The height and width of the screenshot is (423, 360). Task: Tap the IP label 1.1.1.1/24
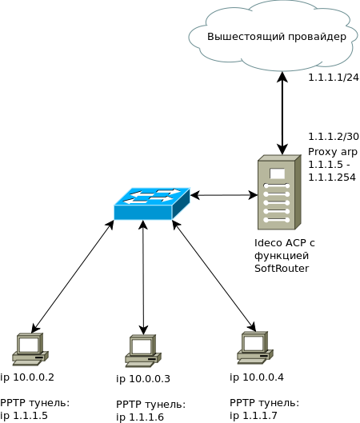334,78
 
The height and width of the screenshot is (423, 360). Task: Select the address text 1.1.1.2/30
334,137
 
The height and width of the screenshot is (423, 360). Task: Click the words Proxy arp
333,152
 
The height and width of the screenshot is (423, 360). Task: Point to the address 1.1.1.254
332,178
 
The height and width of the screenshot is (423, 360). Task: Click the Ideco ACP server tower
279,192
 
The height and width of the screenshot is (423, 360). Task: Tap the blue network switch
152,204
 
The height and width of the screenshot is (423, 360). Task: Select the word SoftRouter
282,269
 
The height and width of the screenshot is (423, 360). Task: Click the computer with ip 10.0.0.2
30,349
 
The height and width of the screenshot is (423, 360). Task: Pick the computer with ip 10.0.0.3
143,351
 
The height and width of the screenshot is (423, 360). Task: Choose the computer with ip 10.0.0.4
255,348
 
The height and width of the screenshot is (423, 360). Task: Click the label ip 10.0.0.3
143,379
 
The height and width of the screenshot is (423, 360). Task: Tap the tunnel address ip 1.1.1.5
24,416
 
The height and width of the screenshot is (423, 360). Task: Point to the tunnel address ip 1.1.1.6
140,417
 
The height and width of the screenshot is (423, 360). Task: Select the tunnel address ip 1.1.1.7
254,416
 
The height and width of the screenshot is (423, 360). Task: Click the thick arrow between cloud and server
282,114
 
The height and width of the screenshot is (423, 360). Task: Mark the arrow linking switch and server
224,195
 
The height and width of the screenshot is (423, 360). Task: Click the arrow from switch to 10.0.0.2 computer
72,277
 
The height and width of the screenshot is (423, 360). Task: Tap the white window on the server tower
277,174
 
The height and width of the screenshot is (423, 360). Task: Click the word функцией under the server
282,256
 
